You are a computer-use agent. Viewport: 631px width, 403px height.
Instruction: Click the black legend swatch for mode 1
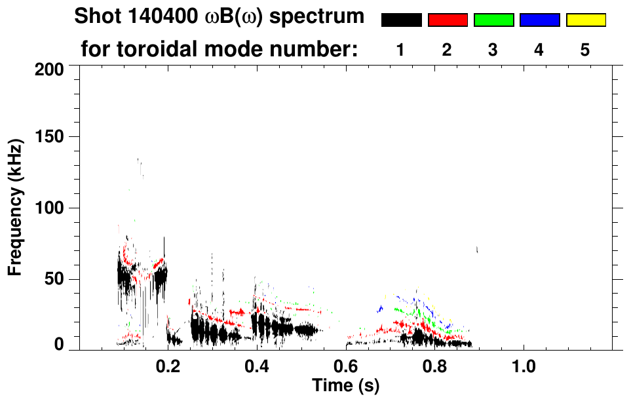point(401,20)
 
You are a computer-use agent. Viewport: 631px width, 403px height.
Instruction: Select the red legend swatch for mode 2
point(448,20)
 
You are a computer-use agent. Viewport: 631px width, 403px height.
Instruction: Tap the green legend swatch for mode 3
point(493,20)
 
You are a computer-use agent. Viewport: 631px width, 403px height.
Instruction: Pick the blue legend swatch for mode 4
point(539,20)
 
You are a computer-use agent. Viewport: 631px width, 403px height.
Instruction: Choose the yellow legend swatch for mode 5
point(585,20)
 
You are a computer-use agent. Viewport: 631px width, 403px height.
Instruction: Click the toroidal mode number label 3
point(493,50)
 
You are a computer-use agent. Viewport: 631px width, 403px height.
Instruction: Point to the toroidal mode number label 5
point(584,50)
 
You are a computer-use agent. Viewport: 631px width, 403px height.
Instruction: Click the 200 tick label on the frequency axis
point(50,68)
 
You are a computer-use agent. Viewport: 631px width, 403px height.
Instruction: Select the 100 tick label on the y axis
point(50,208)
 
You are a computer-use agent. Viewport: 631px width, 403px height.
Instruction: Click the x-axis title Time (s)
point(345,387)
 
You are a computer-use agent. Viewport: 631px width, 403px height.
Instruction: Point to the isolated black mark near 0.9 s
point(477,249)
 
